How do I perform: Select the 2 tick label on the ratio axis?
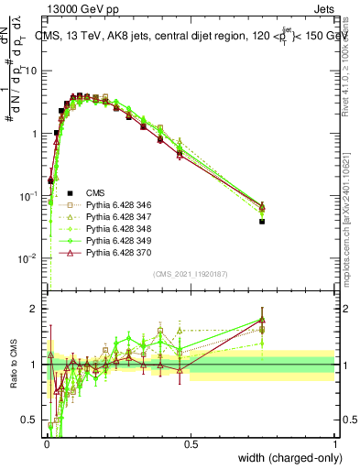point(34,309)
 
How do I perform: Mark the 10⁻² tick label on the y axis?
point(27,258)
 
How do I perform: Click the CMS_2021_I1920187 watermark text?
point(191,274)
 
